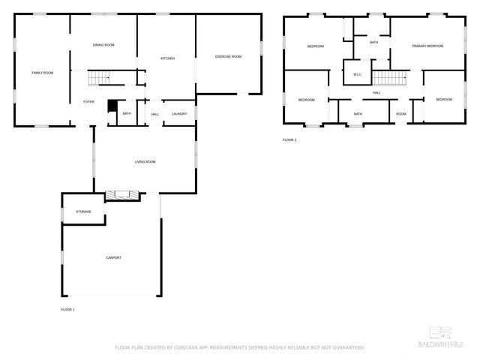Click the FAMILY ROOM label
pyautogui.click(x=42, y=73)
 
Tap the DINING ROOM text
pyautogui.click(x=103, y=45)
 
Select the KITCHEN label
pyautogui.click(x=166, y=58)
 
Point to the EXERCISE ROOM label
pyautogui.click(x=228, y=56)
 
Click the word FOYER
pyautogui.click(x=88, y=102)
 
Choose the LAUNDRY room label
pyautogui.click(x=178, y=114)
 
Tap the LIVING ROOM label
pyautogui.click(x=145, y=161)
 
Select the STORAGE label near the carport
pyautogui.click(x=83, y=211)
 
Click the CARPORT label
pyautogui.click(x=112, y=257)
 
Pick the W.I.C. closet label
pyautogui.click(x=357, y=74)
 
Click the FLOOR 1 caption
pyautogui.click(x=67, y=309)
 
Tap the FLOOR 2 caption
pyautogui.click(x=290, y=140)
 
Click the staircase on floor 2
pyautogui.click(x=389, y=76)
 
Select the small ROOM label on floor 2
pyautogui.click(x=401, y=114)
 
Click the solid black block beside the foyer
pyautogui.click(x=112, y=106)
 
